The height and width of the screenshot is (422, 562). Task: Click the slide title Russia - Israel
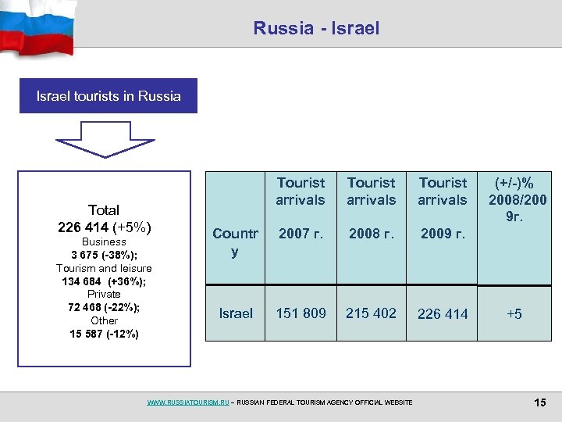point(316,28)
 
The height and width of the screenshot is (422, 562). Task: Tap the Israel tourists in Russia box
point(108,96)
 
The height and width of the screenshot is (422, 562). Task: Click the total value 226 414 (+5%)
point(104,227)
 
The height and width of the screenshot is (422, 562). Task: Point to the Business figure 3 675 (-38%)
point(104,255)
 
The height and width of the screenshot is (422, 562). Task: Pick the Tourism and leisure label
point(104,268)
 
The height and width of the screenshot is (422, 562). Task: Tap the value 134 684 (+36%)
point(104,281)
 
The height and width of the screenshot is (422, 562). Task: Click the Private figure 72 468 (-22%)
point(104,307)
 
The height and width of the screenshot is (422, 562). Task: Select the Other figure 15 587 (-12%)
point(104,334)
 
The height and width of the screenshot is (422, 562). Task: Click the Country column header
point(235,242)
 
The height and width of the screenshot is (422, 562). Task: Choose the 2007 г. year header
point(301,233)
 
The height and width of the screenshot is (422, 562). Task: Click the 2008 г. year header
point(372,233)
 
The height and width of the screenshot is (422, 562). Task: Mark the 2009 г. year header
point(443,234)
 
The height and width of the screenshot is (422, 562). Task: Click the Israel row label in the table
point(235,313)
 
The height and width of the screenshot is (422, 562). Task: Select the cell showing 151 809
point(301,313)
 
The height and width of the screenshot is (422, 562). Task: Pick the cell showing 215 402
point(372,313)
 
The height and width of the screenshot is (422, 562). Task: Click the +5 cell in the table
point(514,314)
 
